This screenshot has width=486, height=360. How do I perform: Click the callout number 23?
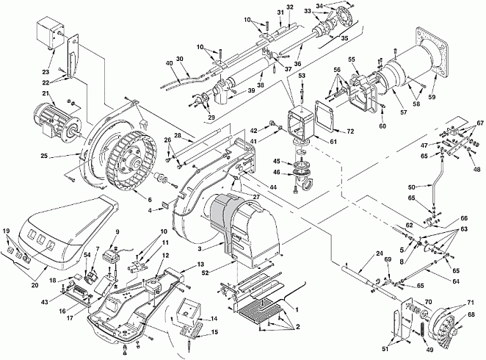tap(46, 71)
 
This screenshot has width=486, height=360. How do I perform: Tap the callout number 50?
tap(412, 187)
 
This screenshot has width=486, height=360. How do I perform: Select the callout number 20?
tap(35, 284)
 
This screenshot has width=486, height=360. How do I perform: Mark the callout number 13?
tap(201, 264)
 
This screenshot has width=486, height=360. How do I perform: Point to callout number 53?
tap(302, 76)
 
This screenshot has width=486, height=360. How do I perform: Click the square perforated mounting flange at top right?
tap(432, 52)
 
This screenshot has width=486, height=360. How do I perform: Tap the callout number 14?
tap(214, 318)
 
